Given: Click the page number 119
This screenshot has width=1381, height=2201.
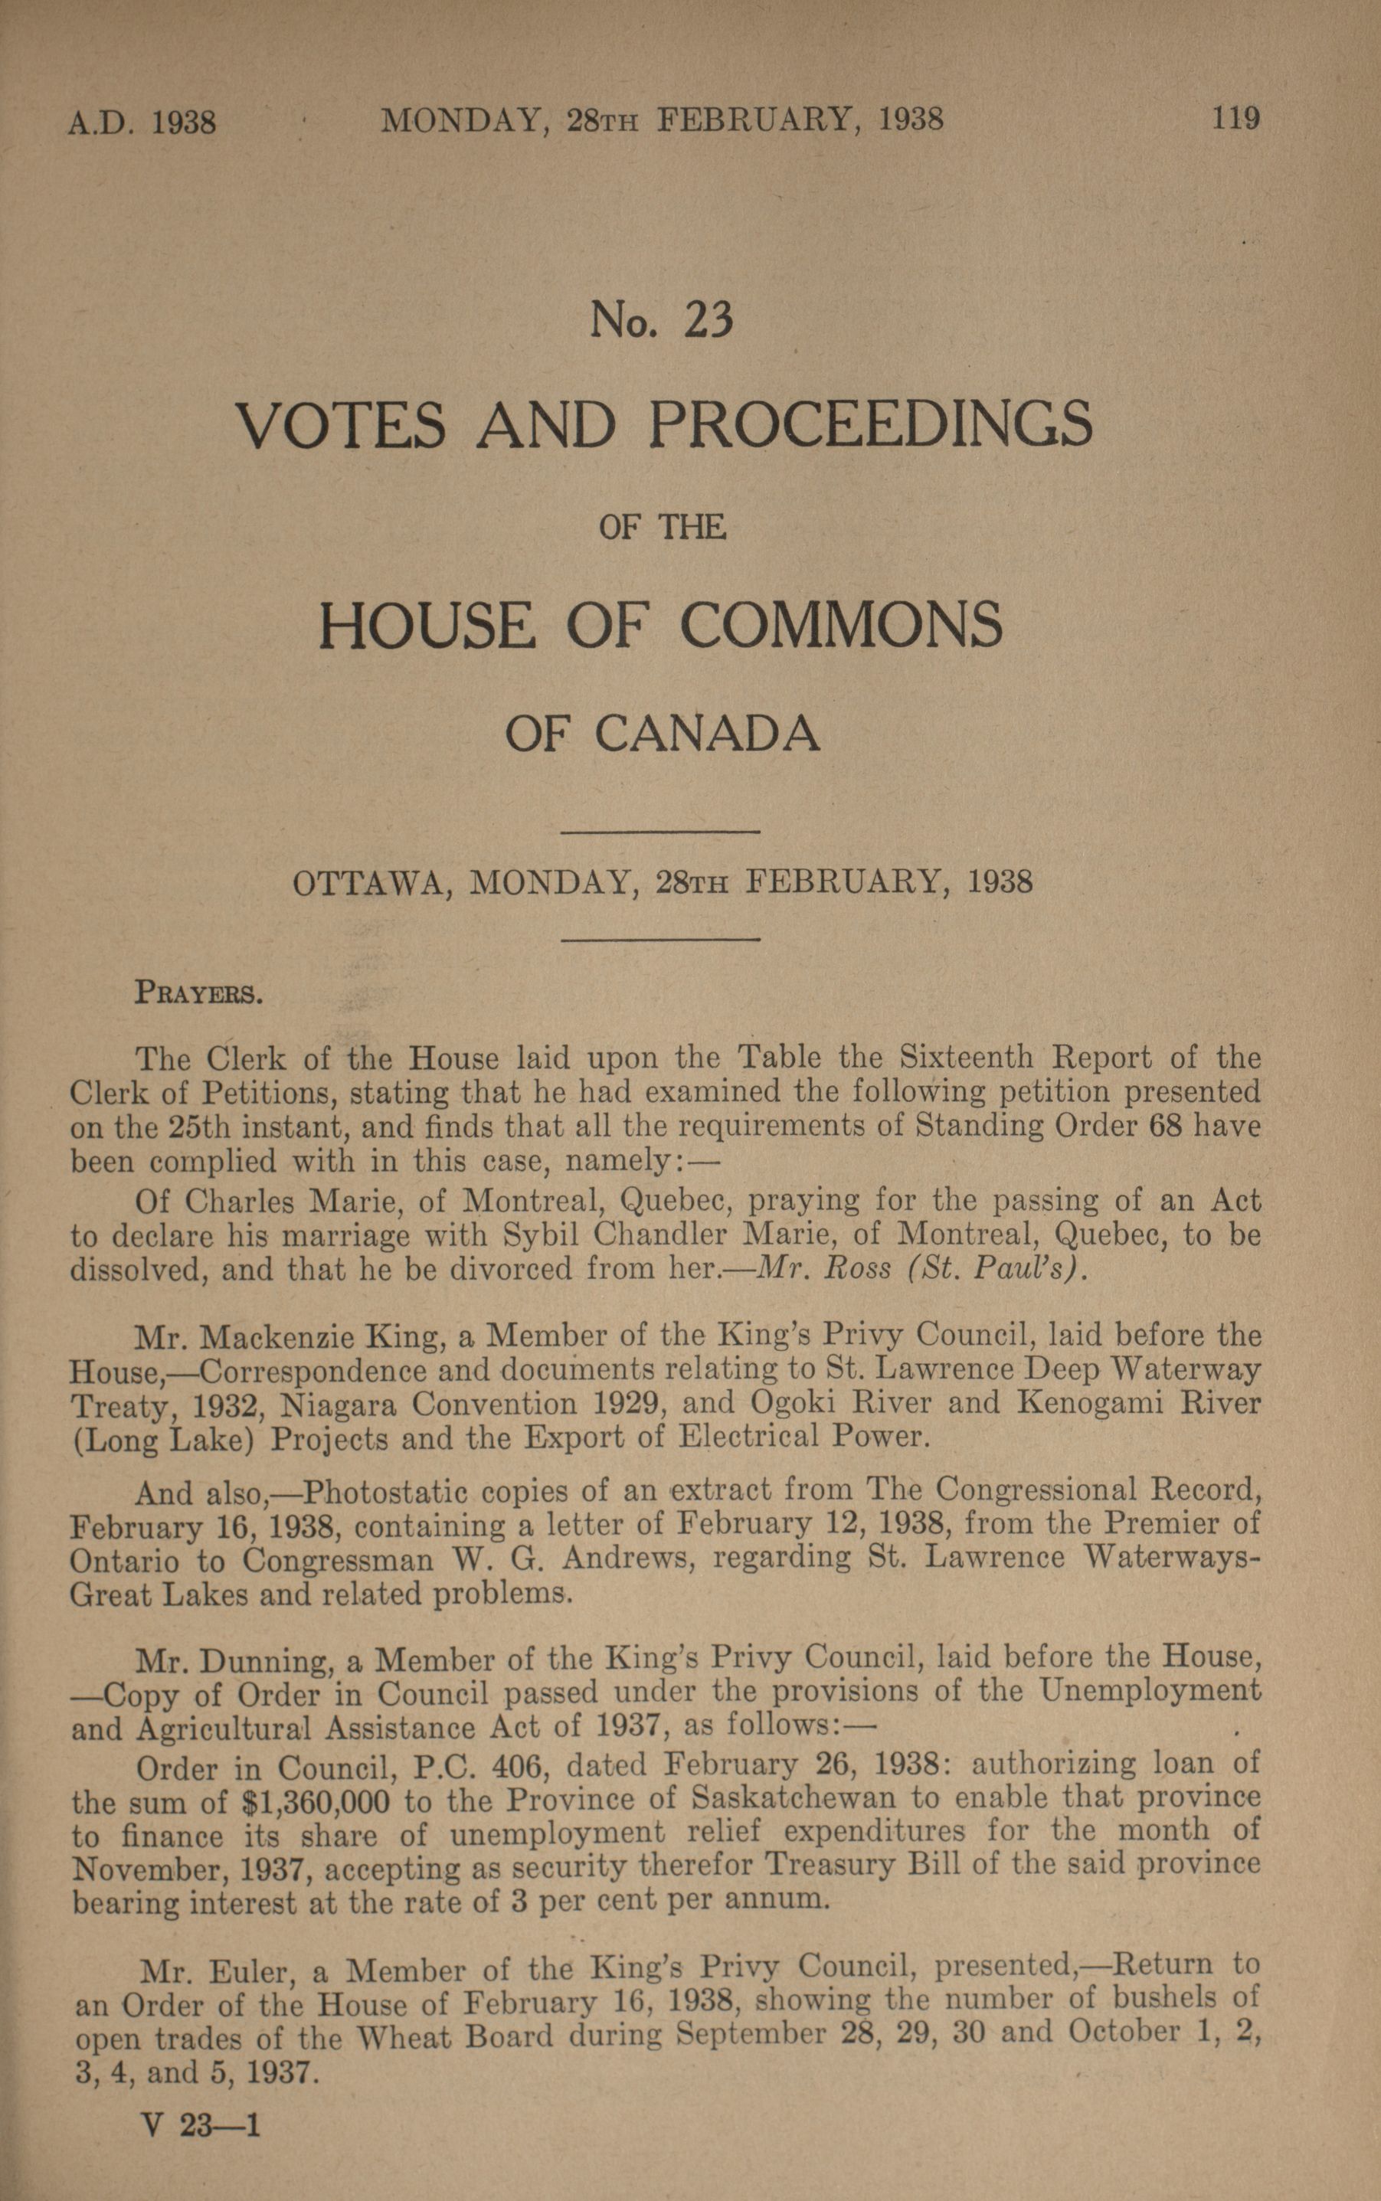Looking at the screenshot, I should [x=1235, y=119].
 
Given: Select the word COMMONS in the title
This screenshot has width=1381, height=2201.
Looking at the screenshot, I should [x=840, y=626].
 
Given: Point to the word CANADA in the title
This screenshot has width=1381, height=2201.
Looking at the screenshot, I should [x=707, y=734].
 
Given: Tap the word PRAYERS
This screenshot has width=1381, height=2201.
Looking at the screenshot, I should [x=199, y=993].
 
